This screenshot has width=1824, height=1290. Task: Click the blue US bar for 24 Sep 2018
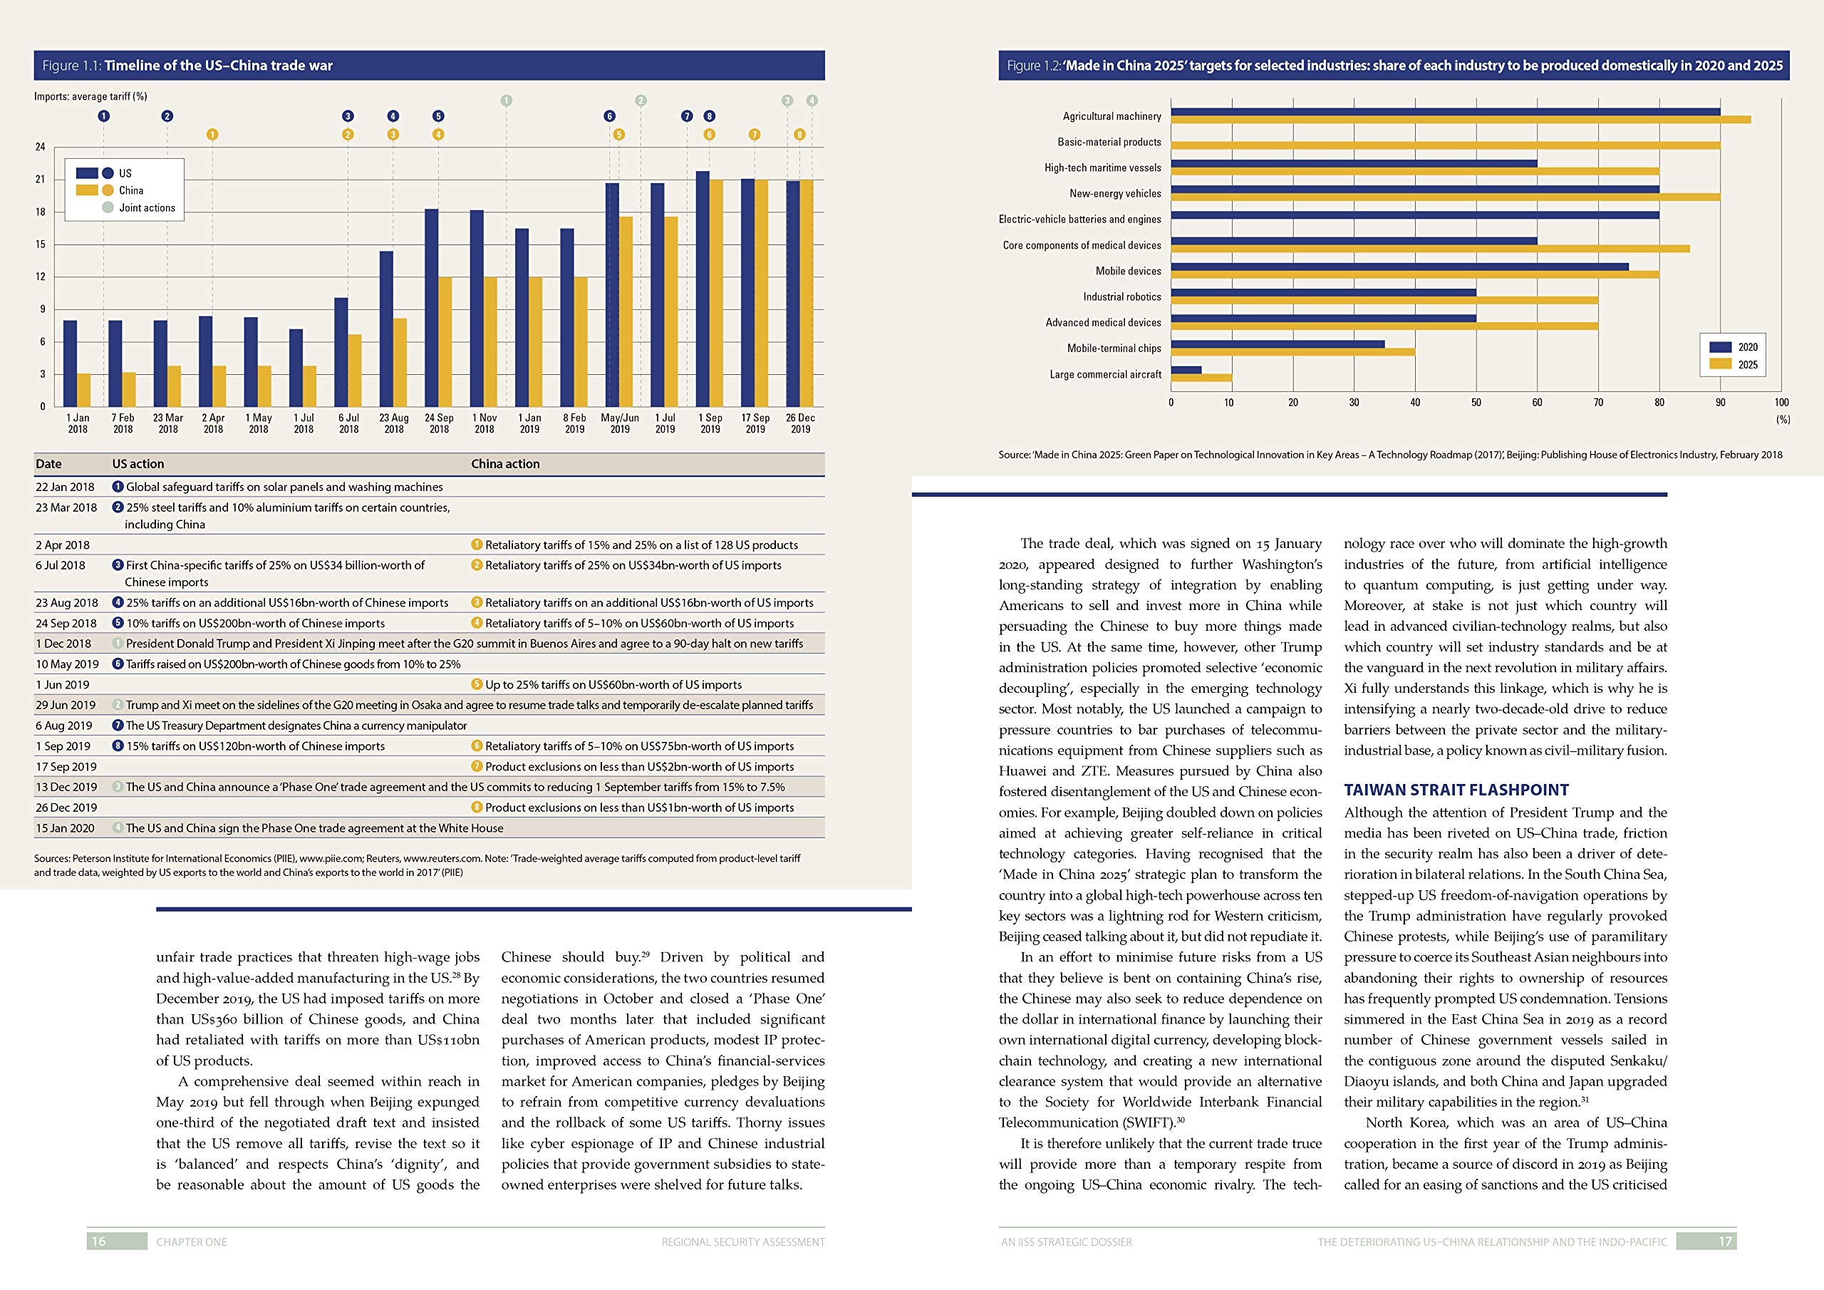[x=431, y=309]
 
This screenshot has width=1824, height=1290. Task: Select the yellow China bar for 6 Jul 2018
[x=355, y=371]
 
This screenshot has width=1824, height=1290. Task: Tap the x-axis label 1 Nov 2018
[x=484, y=423]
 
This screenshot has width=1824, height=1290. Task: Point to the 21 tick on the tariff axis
[x=40, y=180]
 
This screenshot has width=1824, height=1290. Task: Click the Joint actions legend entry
[x=147, y=208]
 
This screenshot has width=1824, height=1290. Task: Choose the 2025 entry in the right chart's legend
[x=1747, y=365]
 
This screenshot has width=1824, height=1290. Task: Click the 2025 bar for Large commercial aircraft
[x=1201, y=378]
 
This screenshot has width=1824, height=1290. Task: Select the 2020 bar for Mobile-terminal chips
[x=1278, y=344]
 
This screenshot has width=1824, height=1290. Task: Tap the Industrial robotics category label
[x=1121, y=296]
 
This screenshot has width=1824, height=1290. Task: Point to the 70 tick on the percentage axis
[x=1598, y=402]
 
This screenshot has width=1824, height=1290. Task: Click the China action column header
[x=505, y=464]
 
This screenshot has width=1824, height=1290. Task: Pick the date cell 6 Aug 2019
[x=63, y=726]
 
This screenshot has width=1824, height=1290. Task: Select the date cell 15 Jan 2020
[x=65, y=828]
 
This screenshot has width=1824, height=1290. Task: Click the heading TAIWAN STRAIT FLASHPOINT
[x=1456, y=790]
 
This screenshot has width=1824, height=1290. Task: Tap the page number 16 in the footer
[x=98, y=1242]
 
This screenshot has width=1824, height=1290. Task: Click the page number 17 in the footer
[x=1726, y=1242]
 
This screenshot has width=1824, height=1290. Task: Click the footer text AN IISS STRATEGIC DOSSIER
[x=1066, y=1242]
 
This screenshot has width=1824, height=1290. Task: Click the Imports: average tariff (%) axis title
[x=90, y=96]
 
